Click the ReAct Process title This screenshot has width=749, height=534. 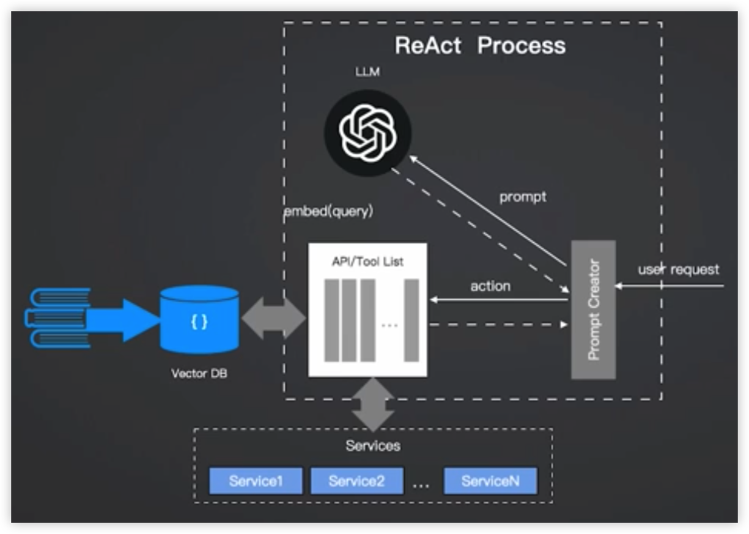pyautogui.click(x=480, y=46)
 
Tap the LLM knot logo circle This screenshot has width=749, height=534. pyautogui.click(x=367, y=132)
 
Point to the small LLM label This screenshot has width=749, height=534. pyautogui.click(x=367, y=72)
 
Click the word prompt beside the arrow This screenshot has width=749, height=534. pyautogui.click(x=523, y=197)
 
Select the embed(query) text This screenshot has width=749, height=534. pyautogui.click(x=328, y=212)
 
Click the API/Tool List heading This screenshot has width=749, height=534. pyautogui.click(x=367, y=262)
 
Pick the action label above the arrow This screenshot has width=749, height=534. pyautogui.click(x=490, y=286)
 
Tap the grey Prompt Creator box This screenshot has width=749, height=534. pyautogui.click(x=593, y=310)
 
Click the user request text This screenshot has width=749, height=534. pyautogui.click(x=679, y=269)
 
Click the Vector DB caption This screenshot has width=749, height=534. pyautogui.click(x=199, y=373)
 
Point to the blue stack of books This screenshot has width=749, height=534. pyautogui.click(x=58, y=318)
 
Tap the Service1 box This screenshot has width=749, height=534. pyautogui.click(x=256, y=481)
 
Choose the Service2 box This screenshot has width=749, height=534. pyautogui.click(x=357, y=481)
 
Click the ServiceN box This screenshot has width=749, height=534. pyautogui.click(x=490, y=481)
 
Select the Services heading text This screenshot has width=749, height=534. pyautogui.click(x=373, y=445)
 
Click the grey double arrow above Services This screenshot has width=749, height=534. pyautogui.click(x=373, y=404)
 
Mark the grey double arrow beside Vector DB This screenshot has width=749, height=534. pyautogui.click(x=273, y=318)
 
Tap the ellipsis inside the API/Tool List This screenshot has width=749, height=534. pyautogui.click(x=389, y=325)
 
